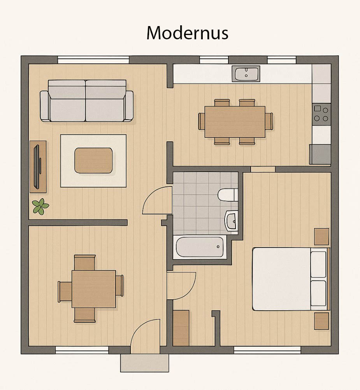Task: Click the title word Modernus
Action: [x=187, y=33]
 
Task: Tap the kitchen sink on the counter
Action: [x=246, y=74]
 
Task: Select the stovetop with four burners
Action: [x=321, y=114]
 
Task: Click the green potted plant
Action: [x=40, y=206]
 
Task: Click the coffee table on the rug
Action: [x=93, y=160]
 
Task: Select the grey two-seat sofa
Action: [x=86, y=101]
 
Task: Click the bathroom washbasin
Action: [x=232, y=221]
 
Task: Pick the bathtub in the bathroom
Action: [x=200, y=247]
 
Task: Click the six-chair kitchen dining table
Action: [x=235, y=122]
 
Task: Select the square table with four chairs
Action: [x=91, y=288]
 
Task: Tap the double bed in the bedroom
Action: [x=291, y=279]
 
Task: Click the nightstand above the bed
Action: [x=321, y=237]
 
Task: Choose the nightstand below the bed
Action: [x=321, y=321]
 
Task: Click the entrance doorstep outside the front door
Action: [x=144, y=363]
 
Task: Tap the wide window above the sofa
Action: [x=93, y=60]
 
